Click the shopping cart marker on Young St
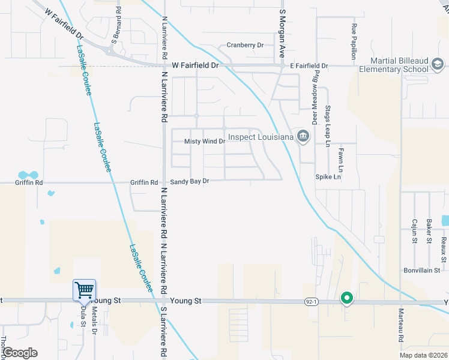pos(85,290)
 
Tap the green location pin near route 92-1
pos(346,298)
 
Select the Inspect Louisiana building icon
pos(303,137)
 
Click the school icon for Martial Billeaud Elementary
pos(438,64)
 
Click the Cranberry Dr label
pos(245,45)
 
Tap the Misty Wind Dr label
pos(204,142)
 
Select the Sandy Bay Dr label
pos(190,181)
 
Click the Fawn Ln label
pos(340,157)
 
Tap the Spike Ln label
pos(328,177)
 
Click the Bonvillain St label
pos(422,271)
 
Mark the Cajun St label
pos(414,231)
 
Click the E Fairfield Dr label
pos(309,65)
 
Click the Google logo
pos(20,353)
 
